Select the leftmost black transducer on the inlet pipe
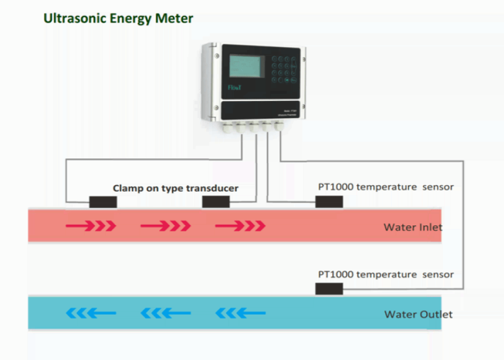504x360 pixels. tap(103, 202)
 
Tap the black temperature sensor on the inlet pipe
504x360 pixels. tap(329, 202)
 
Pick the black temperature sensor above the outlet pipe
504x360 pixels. tap(329, 289)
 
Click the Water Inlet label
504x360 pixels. tap(413, 227)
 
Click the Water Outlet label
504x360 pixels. tap(418, 315)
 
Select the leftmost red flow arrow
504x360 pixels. tap(91, 226)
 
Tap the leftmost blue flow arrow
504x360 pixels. tap(91, 314)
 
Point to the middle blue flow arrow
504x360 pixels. tap(165, 314)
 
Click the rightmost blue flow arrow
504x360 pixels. tap(240, 314)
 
